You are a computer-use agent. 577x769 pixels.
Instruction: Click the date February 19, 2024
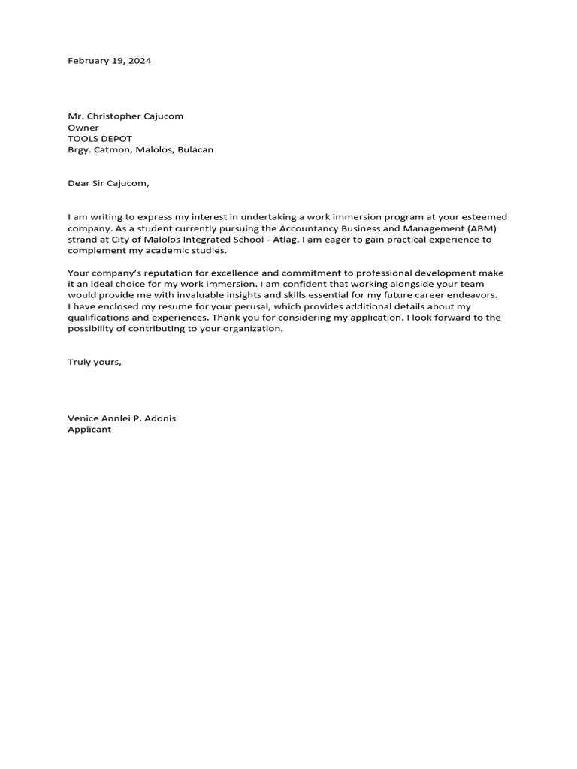click(x=109, y=61)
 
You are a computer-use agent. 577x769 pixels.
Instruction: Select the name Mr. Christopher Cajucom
click(x=125, y=116)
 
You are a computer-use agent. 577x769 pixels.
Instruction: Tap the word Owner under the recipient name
click(x=83, y=128)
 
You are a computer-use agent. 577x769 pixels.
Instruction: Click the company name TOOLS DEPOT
click(x=100, y=139)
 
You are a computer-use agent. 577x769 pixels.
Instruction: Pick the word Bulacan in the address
click(x=195, y=150)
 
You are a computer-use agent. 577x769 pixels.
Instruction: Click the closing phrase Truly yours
click(x=94, y=362)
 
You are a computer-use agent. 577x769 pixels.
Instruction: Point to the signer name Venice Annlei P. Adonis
click(x=122, y=418)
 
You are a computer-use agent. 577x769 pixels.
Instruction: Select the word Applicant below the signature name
click(x=89, y=430)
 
